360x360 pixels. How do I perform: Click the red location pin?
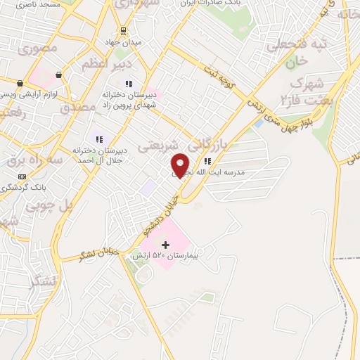pyautogui.click(x=180, y=165)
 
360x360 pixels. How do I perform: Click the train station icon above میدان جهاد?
pyautogui.click(x=123, y=30)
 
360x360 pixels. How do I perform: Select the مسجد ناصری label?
pyautogui.click(x=21, y=5)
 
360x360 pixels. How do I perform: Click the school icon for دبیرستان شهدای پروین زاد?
pyautogui.click(x=129, y=84)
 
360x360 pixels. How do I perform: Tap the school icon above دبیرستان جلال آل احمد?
pyautogui.click(x=99, y=139)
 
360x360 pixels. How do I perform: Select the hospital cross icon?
pyautogui.click(x=166, y=245)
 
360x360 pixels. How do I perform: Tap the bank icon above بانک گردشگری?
pyautogui.click(x=22, y=176)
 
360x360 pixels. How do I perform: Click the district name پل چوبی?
pyautogui.click(x=49, y=207)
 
